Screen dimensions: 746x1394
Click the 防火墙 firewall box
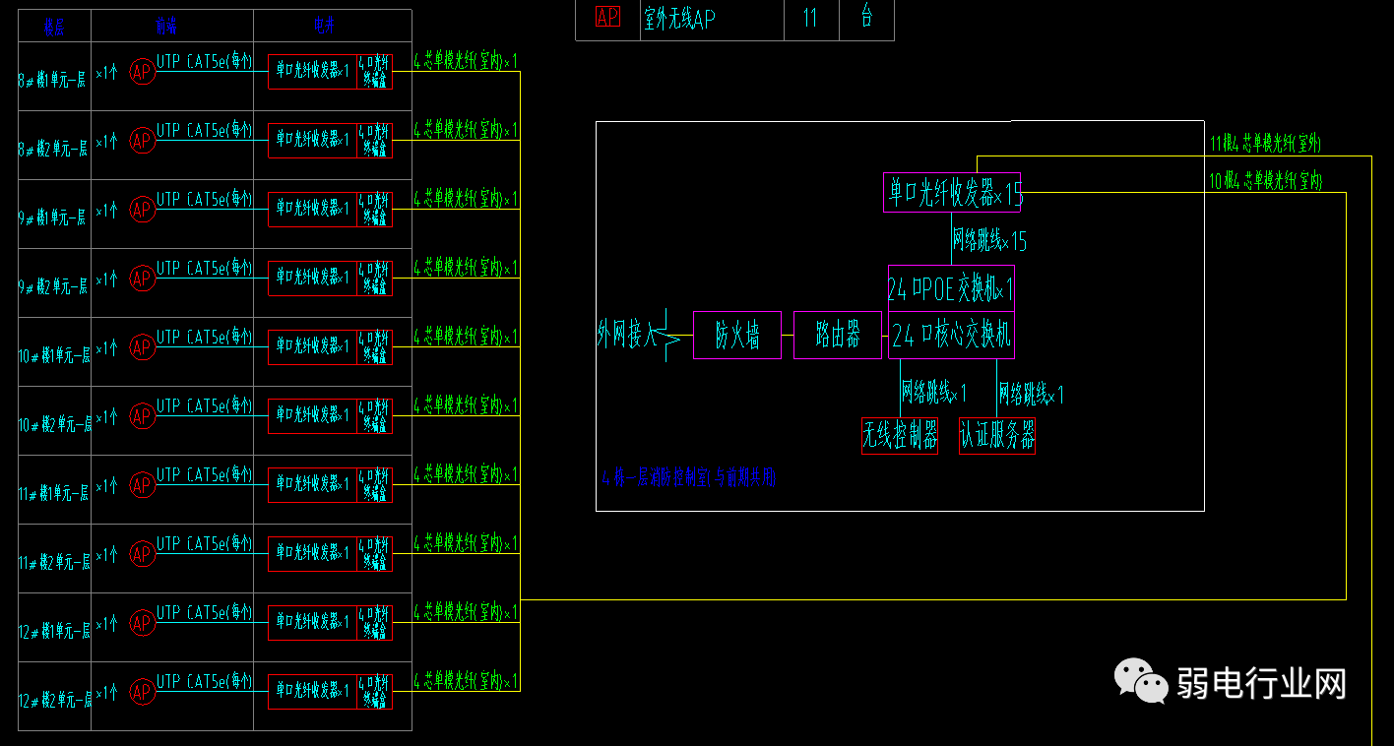(x=737, y=336)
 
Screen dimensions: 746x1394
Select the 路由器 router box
(x=838, y=336)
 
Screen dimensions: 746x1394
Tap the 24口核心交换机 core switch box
(x=951, y=336)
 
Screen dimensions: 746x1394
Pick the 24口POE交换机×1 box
(x=951, y=289)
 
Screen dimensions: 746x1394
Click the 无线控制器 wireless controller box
(x=900, y=436)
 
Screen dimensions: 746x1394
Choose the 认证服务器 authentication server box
(x=997, y=436)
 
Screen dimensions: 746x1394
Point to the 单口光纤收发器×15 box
(x=952, y=193)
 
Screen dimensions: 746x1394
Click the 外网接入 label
(x=626, y=336)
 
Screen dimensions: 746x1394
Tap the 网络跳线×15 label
(x=989, y=239)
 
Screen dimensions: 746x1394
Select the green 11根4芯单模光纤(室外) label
(x=1265, y=144)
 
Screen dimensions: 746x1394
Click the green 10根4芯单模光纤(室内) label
(x=1265, y=181)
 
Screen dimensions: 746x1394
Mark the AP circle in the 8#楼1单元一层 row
(x=143, y=72)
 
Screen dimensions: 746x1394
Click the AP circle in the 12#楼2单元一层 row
(x=143, y=692)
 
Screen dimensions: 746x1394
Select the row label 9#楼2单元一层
(x=54, y=286)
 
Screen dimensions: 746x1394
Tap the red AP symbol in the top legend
(x=607, y=17)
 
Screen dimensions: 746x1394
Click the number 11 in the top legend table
(x=810, y=18)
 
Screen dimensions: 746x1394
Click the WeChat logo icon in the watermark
(x=1140, y=681)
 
